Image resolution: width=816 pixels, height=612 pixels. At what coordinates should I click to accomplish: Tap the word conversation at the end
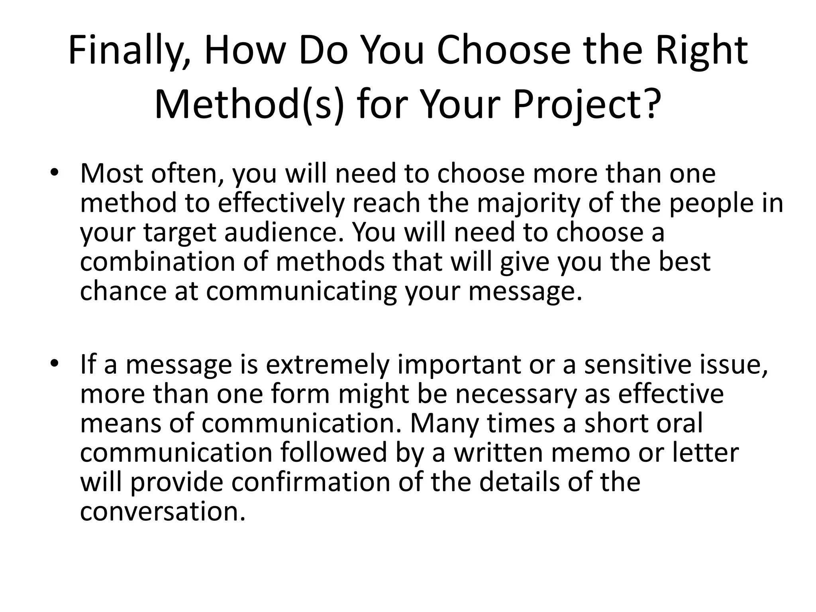pos(162,512)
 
